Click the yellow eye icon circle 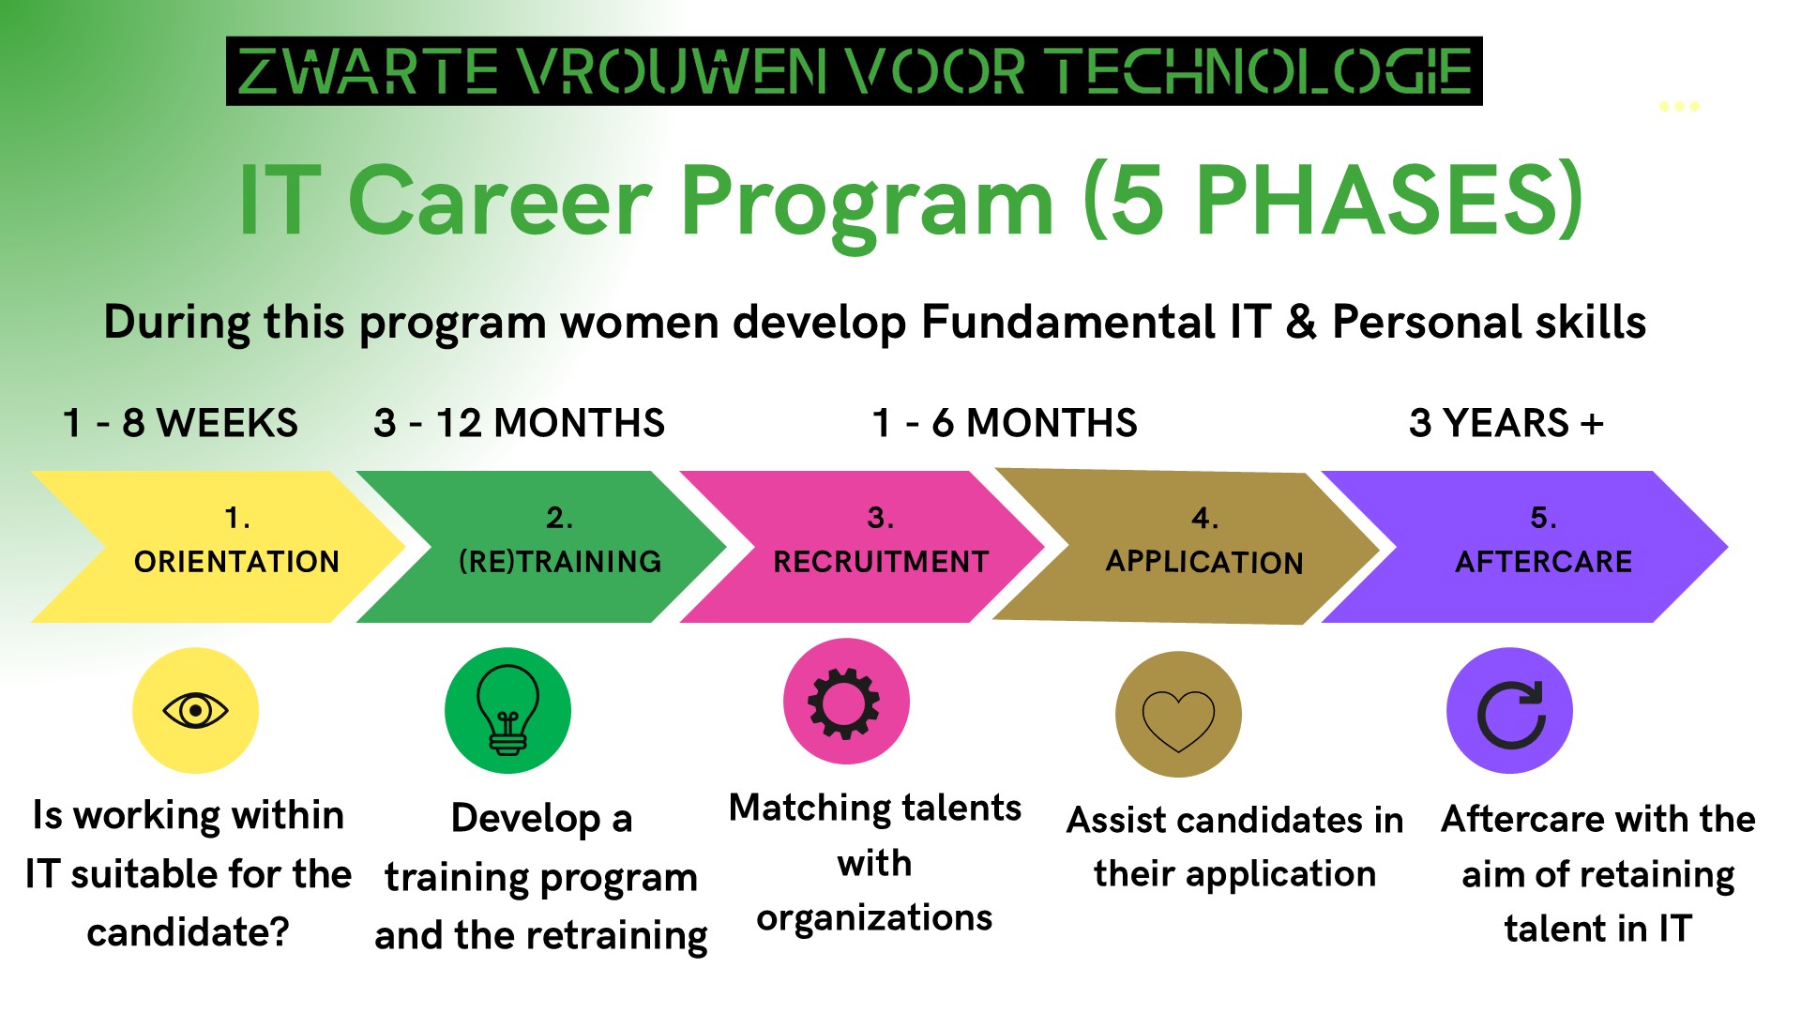(195, 710)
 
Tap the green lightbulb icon (507, 710)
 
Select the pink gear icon (845, 703)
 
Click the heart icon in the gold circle (1178, 717)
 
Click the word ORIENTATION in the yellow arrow (236, 562)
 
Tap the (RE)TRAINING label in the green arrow (560, 562)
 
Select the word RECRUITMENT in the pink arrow (881, 562)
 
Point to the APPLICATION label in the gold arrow (1204, 562)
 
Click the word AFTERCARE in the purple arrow (1543, 562)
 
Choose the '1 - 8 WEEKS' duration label (180, 423)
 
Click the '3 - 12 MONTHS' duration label (519, 423)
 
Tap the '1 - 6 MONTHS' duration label (1004, 423)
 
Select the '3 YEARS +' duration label (1506, 423)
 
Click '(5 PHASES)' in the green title (1332, 200)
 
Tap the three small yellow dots (1679, 106)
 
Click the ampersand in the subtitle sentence (1301, 322)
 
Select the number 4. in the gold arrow (1204, 518)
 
